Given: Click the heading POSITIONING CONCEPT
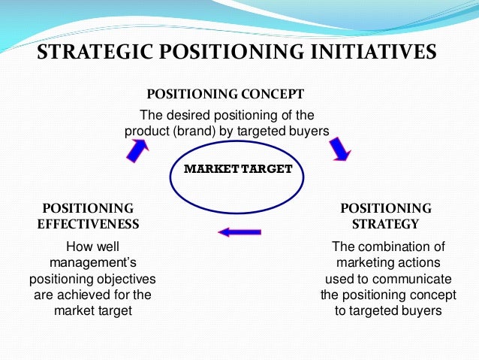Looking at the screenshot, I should pos(225,95).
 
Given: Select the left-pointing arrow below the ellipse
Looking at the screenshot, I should pos(239,231).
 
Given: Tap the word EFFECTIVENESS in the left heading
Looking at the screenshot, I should pos(89,223).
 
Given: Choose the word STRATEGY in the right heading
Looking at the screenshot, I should pos(386,223).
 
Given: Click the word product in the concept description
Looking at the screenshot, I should pos(146,130).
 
